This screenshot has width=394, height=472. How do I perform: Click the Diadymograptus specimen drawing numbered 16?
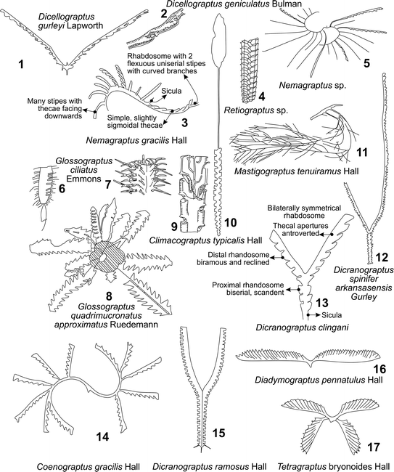[311, 359]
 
